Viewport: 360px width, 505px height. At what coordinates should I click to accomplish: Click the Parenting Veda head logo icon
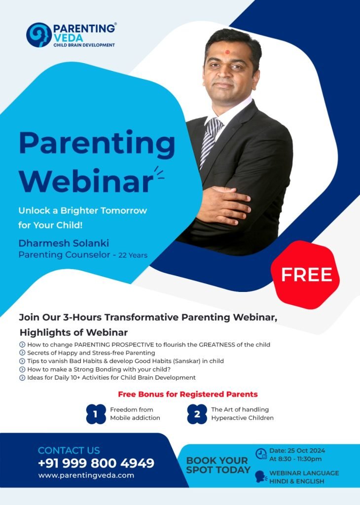click(x=38, y=35)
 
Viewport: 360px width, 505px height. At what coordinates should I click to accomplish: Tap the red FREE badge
click(x=305, y=275)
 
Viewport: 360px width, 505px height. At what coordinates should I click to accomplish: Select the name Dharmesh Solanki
click(x=64, y=243)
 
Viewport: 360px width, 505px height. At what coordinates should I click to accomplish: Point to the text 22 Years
click(x=133, y=255)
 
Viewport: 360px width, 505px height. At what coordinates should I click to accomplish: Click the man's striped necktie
click(x=210, y=142)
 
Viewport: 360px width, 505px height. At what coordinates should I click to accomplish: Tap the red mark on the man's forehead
click(x=227, y=51)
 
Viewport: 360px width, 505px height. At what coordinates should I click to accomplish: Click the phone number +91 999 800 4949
click(x=96, y=463)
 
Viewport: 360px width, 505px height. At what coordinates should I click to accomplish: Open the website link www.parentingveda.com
click(x=86, y=475)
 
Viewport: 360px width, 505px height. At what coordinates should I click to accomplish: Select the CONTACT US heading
click(x=69, y=450)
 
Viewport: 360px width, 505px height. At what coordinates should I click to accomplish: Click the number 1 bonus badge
click(x=96, y=414)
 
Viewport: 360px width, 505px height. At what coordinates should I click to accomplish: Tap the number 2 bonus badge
click(x=197, y=414)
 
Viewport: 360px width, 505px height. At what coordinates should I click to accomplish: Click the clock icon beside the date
click(x=261, y=454)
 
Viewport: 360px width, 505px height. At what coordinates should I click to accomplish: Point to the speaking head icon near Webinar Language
click(x=261, y=477)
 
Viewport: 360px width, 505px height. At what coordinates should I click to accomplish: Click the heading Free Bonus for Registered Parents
click(x=188, y=394)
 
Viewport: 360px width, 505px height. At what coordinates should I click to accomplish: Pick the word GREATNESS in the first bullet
click(x=217, y=345)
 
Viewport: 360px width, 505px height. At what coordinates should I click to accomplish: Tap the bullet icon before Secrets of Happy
click(x=22, y=353)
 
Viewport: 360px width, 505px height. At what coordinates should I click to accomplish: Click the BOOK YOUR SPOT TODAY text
click(x=218, y=465)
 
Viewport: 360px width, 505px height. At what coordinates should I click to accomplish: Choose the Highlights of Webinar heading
click(x=74, y=332)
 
